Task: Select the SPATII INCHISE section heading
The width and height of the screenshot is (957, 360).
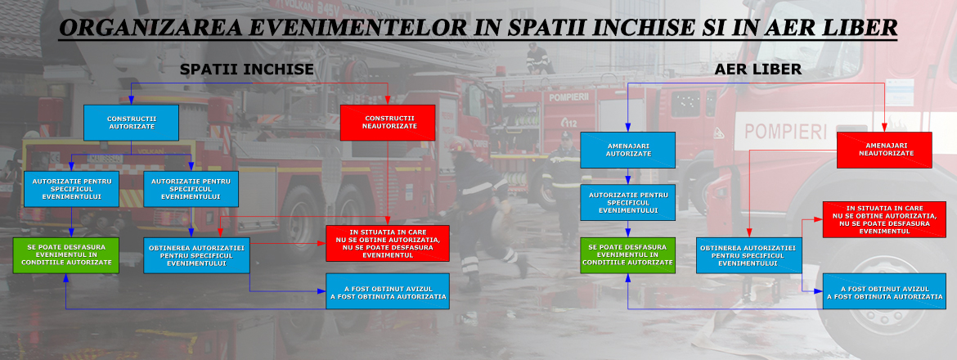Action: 246,70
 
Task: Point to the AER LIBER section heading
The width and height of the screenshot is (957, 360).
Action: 757,70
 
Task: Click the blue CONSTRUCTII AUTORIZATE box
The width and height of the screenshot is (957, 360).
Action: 132,123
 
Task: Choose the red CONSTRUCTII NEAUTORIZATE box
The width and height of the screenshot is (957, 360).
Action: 387,123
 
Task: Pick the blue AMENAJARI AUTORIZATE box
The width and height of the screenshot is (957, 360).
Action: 628,150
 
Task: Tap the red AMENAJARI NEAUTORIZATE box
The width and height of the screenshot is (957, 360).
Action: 884,150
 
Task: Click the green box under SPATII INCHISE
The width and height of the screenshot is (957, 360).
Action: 66,255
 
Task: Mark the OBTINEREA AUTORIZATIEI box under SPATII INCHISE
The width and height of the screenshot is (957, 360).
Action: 196,254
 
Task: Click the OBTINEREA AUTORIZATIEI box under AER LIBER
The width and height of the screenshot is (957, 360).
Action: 749,254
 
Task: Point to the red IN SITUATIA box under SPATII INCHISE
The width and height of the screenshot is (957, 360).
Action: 388,243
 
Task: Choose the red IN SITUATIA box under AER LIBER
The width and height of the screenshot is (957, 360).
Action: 884,219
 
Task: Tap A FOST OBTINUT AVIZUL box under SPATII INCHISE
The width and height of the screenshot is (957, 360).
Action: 388,291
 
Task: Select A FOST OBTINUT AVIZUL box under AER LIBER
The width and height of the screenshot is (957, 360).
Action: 884,291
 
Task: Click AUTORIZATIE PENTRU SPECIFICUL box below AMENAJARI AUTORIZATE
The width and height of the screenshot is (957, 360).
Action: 628,202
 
